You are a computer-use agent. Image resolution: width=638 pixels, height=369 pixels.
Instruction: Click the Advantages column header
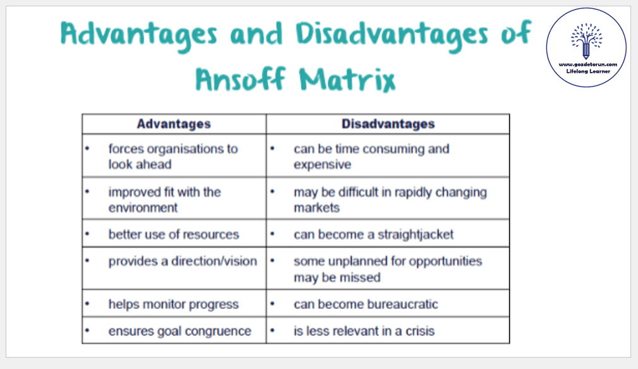pos(174,124)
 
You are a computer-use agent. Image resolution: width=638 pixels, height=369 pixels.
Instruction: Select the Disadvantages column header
pos(388,124)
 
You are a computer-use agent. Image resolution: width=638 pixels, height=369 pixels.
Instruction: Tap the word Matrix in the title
pos(348,79)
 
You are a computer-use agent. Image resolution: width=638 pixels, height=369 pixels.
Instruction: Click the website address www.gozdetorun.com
pos(587,64)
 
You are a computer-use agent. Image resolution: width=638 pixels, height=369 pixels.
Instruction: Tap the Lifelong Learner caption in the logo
pos(588,71)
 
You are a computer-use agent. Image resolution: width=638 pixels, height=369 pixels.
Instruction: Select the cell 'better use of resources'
pos(174,234)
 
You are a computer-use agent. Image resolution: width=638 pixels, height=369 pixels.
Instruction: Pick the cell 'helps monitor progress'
pos(173,305)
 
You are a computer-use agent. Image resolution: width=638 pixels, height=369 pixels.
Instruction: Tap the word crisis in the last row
pos(420,331)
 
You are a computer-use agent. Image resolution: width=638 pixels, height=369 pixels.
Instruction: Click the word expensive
pos(322,165)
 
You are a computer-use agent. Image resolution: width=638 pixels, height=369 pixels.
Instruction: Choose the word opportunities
pos(445,262)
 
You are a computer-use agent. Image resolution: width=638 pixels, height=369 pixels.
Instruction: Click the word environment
pos(143,208)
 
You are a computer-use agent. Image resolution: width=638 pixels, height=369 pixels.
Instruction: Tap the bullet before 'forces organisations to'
pos(87,148)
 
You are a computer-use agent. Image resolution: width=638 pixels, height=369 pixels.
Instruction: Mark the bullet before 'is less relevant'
pos(272,330)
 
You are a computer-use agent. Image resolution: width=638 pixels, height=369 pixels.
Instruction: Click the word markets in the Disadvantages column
pos(317,208)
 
